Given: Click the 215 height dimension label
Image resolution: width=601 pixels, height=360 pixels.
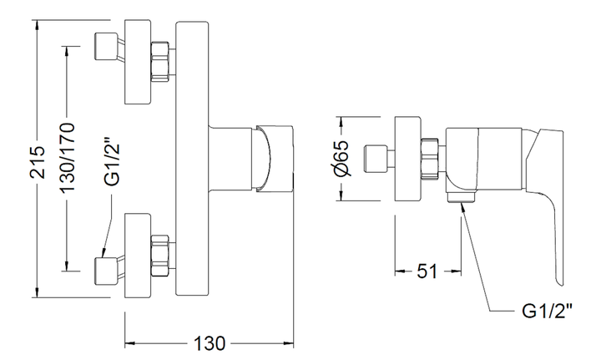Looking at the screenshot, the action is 38,162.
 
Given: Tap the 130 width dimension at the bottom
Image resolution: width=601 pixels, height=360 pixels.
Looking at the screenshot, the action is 209,343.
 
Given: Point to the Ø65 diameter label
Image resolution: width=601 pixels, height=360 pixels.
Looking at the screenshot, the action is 341,158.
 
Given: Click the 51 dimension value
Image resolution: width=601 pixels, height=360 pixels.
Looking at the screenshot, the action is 427,271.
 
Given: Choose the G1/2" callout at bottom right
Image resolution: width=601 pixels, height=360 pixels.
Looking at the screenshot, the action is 548,311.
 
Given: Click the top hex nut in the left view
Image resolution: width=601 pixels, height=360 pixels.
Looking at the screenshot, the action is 161,61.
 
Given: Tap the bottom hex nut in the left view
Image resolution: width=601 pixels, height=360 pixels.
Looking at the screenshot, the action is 161,256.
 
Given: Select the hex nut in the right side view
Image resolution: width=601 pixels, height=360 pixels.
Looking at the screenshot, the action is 430,159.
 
